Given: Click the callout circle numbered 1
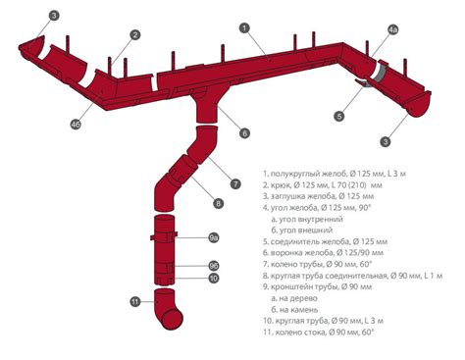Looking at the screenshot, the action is click(244, 28).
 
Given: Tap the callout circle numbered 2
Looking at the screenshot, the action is click(134, 34).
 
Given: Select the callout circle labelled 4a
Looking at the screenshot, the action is click(393, 29).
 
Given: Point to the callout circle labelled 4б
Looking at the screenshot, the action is click(76, 125).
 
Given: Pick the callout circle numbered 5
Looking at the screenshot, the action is click(339, 116).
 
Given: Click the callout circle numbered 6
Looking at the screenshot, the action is click(244, 133).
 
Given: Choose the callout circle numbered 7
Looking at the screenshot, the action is click(235, 183).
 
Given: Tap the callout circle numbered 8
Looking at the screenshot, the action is click(218, 204).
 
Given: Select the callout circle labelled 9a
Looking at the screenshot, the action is click(214, 237).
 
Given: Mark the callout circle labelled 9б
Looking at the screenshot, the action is click(214, 266).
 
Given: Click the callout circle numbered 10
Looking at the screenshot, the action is click(214, 279).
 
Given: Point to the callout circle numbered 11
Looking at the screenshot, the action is click(135, 301).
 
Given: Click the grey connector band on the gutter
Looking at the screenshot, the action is click(380, 74).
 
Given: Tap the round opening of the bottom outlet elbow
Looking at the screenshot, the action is click(172, 320).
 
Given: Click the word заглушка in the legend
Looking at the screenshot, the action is click(286, 196).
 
